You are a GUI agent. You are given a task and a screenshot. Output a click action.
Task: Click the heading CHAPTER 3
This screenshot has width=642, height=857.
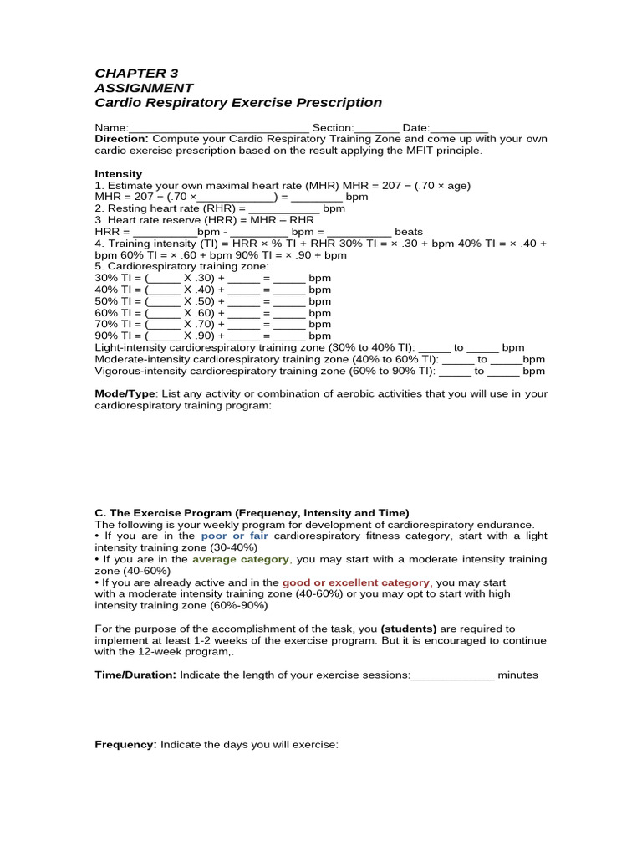tap(136, 73)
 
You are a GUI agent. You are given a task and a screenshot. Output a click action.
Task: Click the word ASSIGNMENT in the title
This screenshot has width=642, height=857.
tap(144, 88)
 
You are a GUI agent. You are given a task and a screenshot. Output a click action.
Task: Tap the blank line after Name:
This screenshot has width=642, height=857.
tap(218, 128)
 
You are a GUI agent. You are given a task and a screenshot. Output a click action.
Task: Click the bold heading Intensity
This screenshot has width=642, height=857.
tap(118, 174)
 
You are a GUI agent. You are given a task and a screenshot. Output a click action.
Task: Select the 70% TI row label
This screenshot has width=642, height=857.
tap(112, 325)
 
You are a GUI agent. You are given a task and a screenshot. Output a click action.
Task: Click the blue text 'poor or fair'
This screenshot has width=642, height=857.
tap(234, 536)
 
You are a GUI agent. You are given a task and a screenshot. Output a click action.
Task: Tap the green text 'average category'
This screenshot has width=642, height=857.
tap(241, 559)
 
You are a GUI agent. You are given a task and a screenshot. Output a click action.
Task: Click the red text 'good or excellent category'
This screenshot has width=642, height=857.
tap(356, 582)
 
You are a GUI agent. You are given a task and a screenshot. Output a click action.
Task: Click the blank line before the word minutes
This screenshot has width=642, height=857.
tap(452, 675)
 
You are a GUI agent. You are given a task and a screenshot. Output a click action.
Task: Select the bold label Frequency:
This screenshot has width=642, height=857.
tap(125, 744)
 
